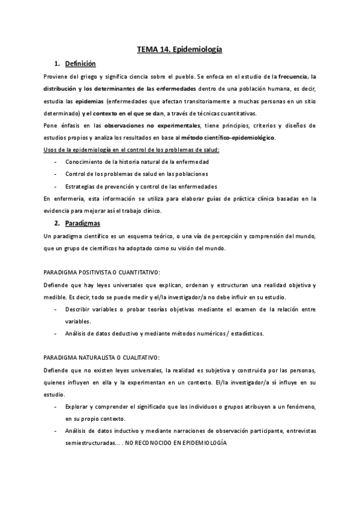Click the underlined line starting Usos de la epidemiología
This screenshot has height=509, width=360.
[131, 149]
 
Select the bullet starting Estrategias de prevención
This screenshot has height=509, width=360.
[142, 186]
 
